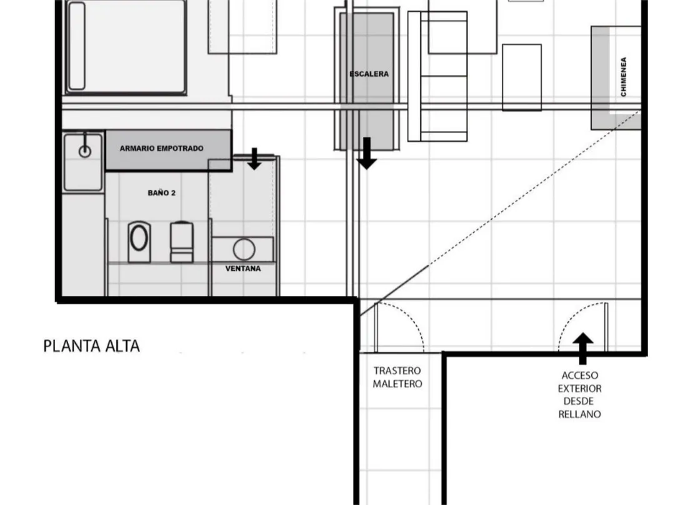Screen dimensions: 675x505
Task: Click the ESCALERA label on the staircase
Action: pyautogui.click(x=369, y=74)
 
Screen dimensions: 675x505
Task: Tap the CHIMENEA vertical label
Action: pyautogui.click(x=623, y=77)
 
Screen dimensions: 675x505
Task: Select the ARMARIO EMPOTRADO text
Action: pyautogui.click(x=161, y=149)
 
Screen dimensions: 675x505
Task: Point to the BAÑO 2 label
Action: pyautogui.click(x=161, y=193)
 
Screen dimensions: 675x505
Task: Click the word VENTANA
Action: pyautogui.click(x=242, y=268)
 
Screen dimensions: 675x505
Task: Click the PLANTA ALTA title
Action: pyautogui.click(x=92, y=346)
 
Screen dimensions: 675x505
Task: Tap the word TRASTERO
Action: pyautogui.click(x=397, y=370)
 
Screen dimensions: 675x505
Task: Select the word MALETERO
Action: pyautogui.click(x=397, y=384)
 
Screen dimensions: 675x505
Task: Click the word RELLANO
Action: pyautogui.click(x=579, y=414)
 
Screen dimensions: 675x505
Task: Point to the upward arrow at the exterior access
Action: pyautogui.click(x=583, y=348)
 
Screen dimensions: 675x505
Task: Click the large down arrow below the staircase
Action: pyautogui.click(x=366, y=154)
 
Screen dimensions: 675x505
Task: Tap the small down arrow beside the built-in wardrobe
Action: pyautogui.click(x=254, y=159)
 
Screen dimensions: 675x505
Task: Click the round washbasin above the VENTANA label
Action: pyautogui.click(x=244, y=249)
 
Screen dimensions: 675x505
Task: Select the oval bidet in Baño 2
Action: pyautogui.click(x=139, y=242)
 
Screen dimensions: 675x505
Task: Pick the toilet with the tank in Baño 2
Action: pyautogui.click(x=182, y=242)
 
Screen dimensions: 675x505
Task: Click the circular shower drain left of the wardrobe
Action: pyautogui.click(x=85, y=151)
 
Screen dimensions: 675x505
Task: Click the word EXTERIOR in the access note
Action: pyautogui.click(x=579, y=388)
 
